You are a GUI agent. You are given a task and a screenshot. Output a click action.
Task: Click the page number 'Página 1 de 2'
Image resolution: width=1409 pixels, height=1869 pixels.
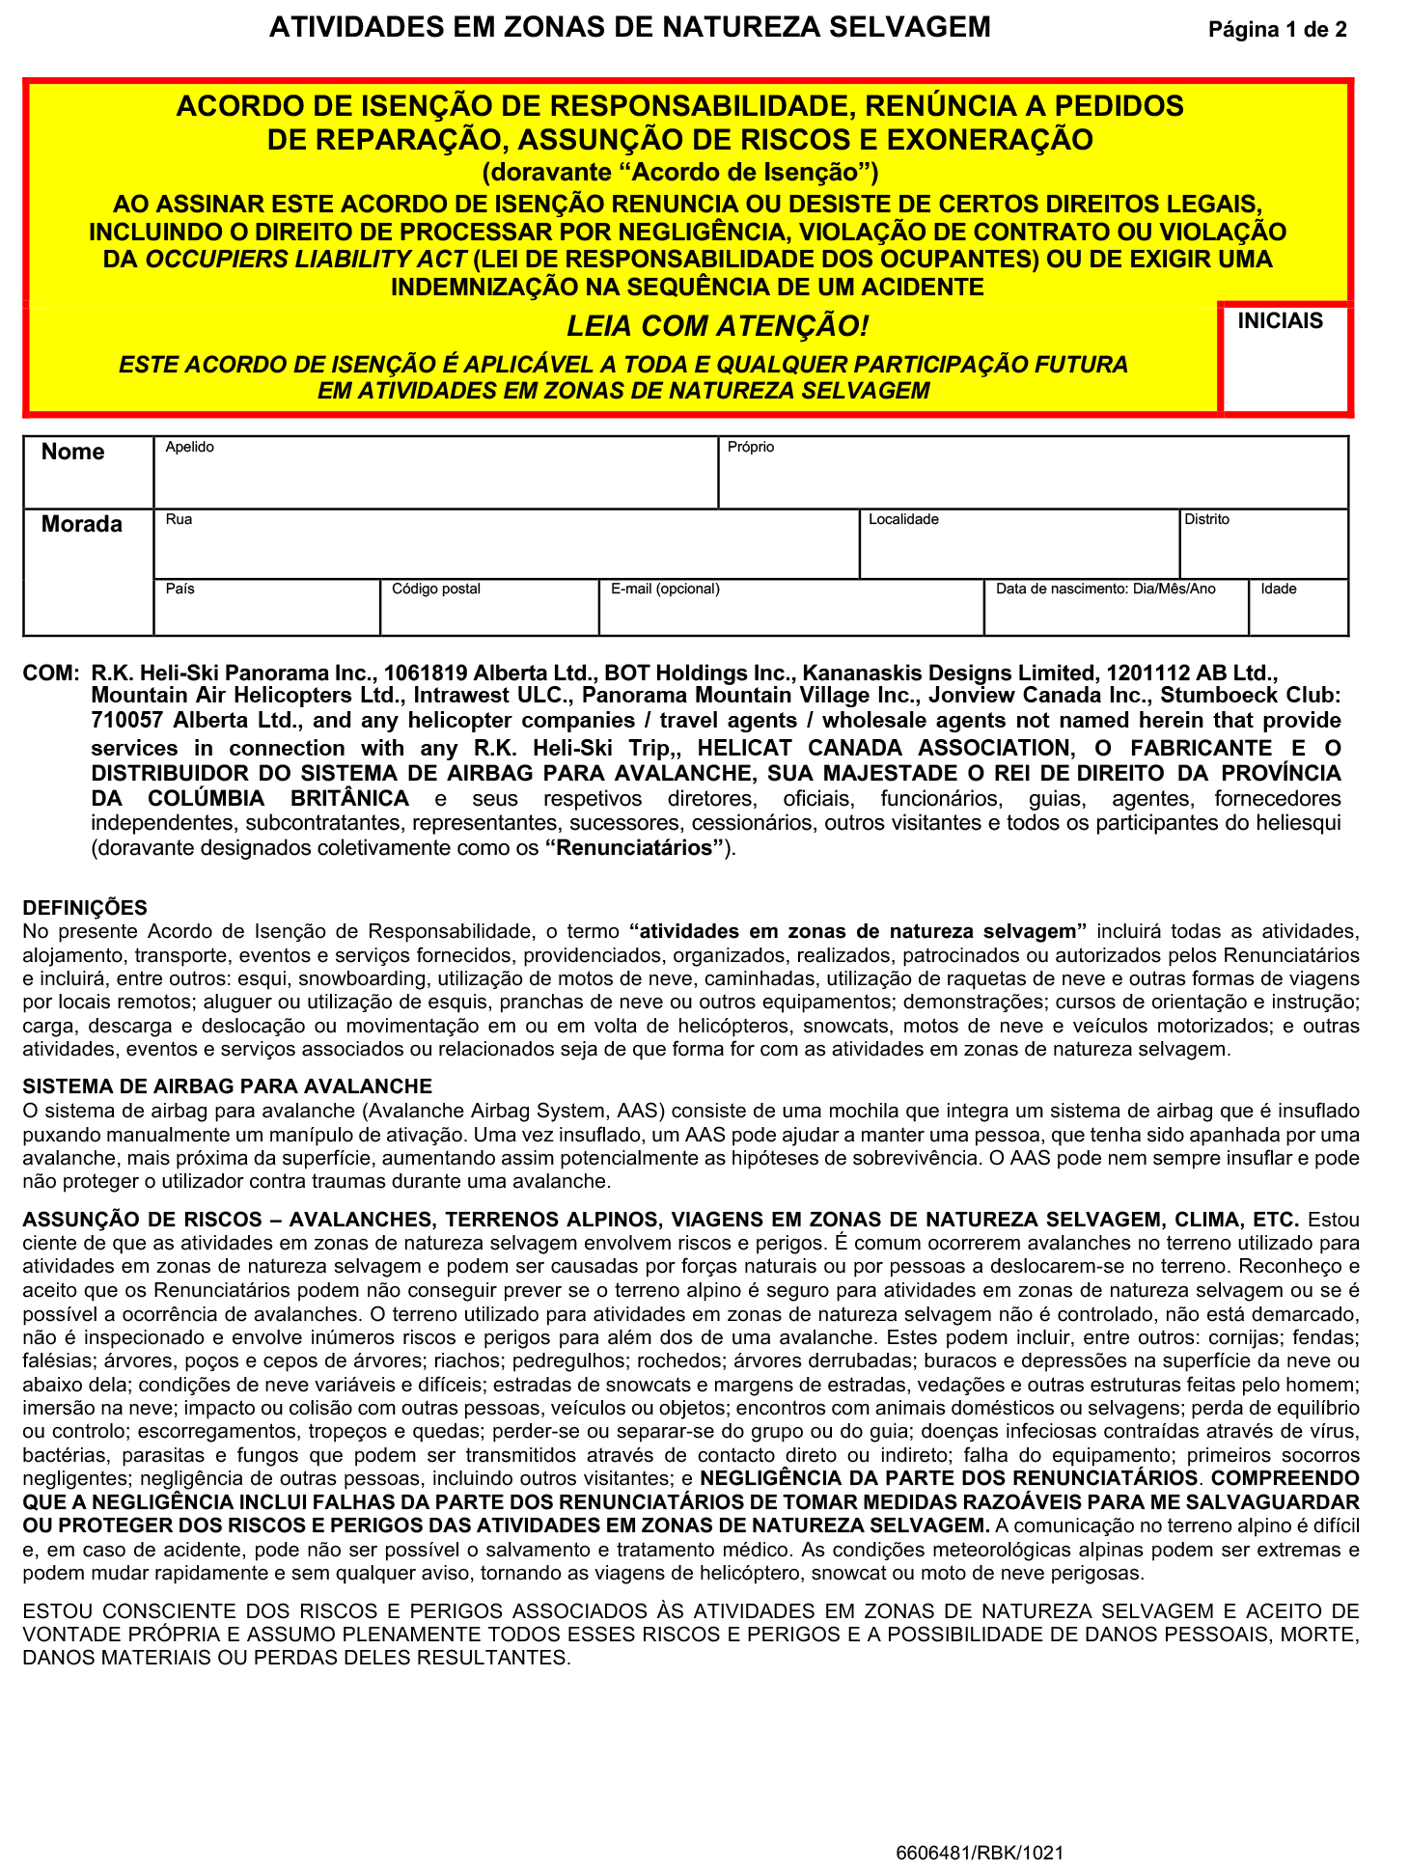click(x=1277, y=30)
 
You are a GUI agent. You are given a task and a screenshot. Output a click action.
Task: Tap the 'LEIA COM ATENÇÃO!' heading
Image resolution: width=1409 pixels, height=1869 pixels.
click(x=717, y=327)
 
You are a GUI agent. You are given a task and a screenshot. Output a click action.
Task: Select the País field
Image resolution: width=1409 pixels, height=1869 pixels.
click(x=267, y=612)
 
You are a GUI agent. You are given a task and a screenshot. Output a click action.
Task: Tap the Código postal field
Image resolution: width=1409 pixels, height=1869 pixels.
click(x=489, y=612)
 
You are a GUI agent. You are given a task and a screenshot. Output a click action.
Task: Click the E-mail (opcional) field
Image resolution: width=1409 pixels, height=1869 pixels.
click(x=791, y=612)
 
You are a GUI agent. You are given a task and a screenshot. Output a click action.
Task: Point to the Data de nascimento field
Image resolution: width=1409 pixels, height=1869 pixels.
click(x=1117, y=612)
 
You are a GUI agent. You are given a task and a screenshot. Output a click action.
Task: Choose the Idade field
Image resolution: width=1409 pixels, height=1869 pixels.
click(x=1298, y=612)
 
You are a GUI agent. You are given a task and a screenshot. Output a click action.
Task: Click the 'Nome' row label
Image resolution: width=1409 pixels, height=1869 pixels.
click(x=73, y=453)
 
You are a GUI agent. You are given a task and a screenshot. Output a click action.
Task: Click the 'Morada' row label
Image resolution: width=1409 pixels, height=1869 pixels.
click(x=82, y=525)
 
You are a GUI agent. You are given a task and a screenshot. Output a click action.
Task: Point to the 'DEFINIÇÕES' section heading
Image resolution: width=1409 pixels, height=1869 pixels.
click(x=85, y=908)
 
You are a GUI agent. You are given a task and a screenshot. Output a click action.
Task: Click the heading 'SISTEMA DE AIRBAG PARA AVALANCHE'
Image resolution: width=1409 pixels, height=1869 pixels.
click(x=227, y=1086)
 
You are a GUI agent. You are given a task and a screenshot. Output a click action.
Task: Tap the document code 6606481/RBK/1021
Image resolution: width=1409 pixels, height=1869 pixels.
click(x=980, y=1852)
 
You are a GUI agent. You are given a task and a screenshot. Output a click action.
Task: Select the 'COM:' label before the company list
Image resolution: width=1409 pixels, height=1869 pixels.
click(x=49, y=673)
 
